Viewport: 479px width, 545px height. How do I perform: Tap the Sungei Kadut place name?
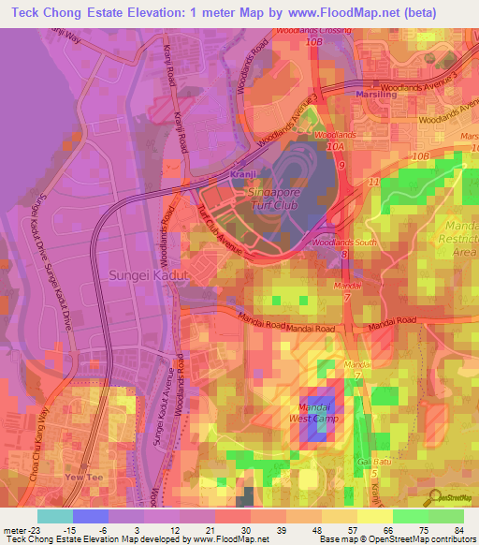coord(150,276)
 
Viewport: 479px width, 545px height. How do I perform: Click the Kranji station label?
coord(243,174)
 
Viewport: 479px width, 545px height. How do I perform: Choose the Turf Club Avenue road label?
coord(223,232)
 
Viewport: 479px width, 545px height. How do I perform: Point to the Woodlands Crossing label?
coord(312,31)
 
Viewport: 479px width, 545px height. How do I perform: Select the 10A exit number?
coord(336,146)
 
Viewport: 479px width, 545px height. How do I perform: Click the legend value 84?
coord(458,530)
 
